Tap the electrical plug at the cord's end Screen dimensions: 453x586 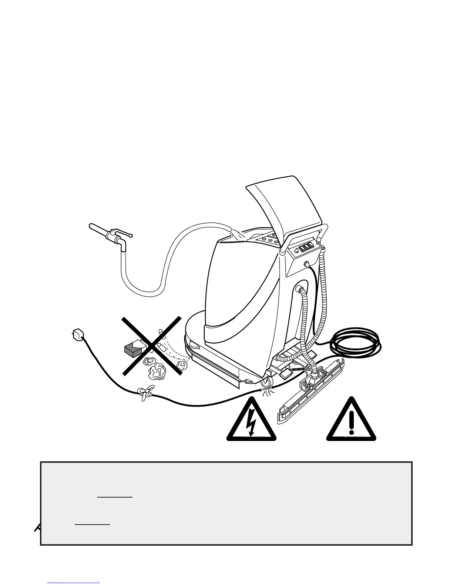coord(77,333)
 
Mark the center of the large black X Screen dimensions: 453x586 coord(152,346)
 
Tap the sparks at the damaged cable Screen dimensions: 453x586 coord(268,393)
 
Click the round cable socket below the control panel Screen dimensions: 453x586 coord(306,265)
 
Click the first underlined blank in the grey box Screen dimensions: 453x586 coord(115,497)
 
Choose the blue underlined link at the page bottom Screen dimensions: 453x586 coord(73,583)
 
